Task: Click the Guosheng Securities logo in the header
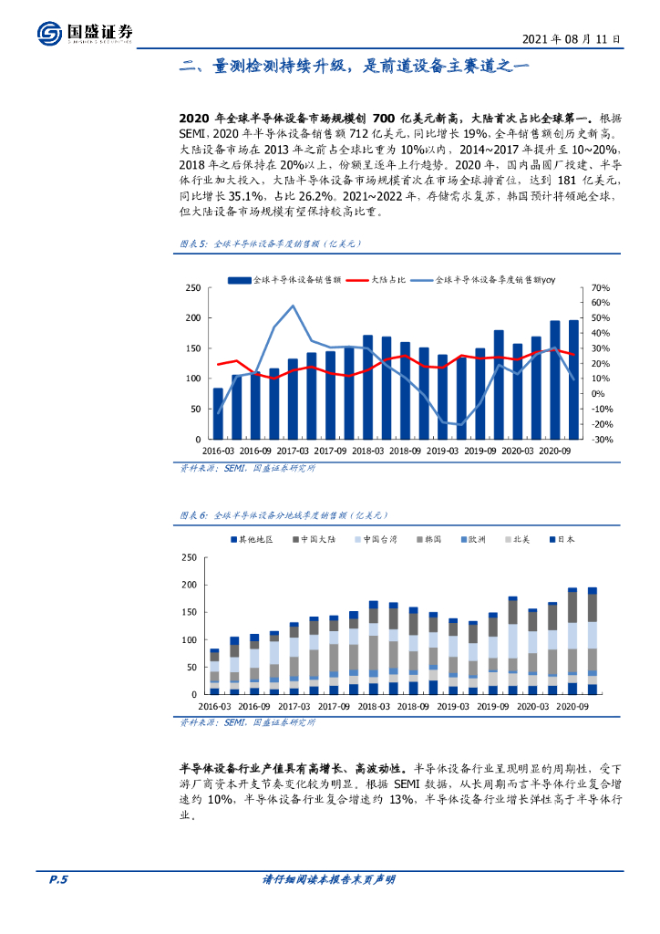click(86, 33)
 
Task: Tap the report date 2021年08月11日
click(572, 39)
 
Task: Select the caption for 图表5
click(269, 244)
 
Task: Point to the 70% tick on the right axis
click(600, 287)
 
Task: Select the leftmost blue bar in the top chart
click(218, 413)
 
